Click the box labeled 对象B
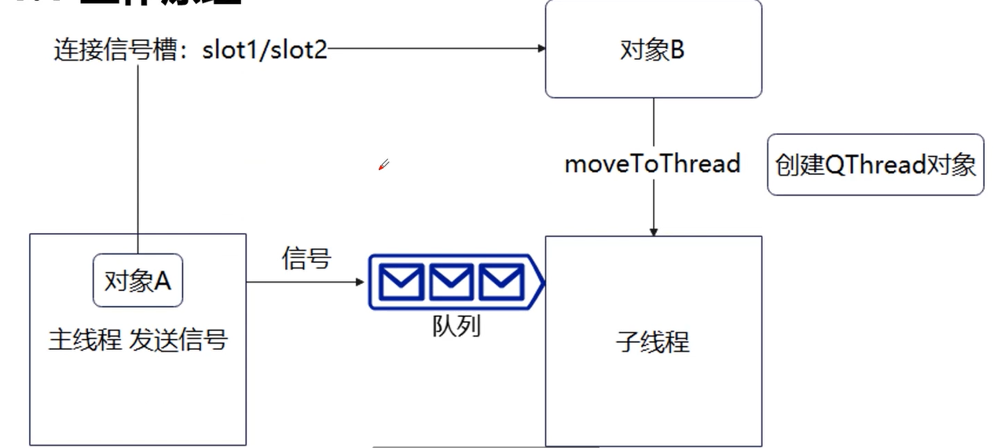click(653, 49)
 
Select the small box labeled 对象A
click(137, 280)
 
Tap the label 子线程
click(653, 342)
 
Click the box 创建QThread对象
click(875, 165)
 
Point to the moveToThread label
click(652, 164)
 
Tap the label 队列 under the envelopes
click(456, 326)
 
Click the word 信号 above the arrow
click(306, 258)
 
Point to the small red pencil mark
click(383, 165)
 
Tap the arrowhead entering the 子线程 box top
click(653, 231)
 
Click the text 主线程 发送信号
click(137, 341)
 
